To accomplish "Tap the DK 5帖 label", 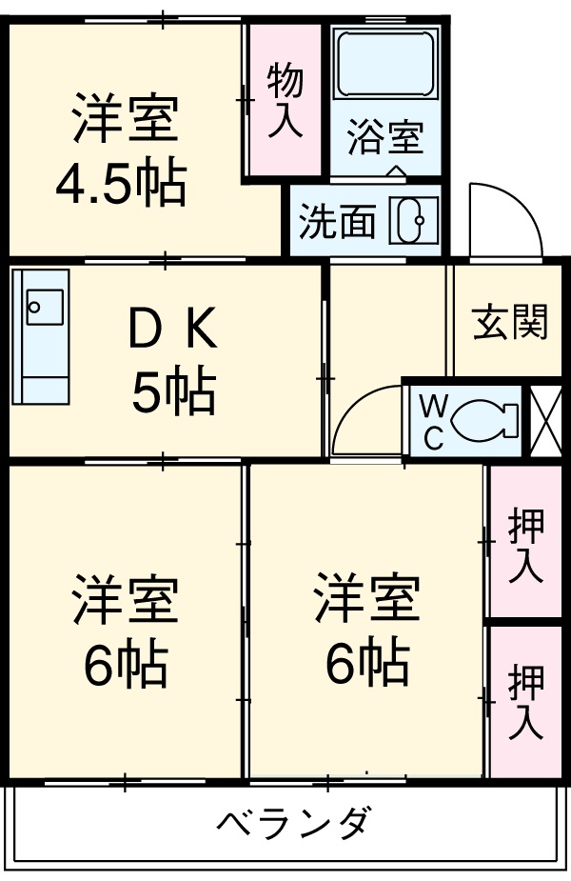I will coord(173,361).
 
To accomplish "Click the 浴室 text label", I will coord(384,138).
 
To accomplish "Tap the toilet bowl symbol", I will coord(485,419).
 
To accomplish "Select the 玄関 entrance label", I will coord(510,322).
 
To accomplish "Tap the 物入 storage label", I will coord(284,100).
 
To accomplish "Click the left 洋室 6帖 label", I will coord(125,629).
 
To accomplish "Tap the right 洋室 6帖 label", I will coord(366,629).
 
